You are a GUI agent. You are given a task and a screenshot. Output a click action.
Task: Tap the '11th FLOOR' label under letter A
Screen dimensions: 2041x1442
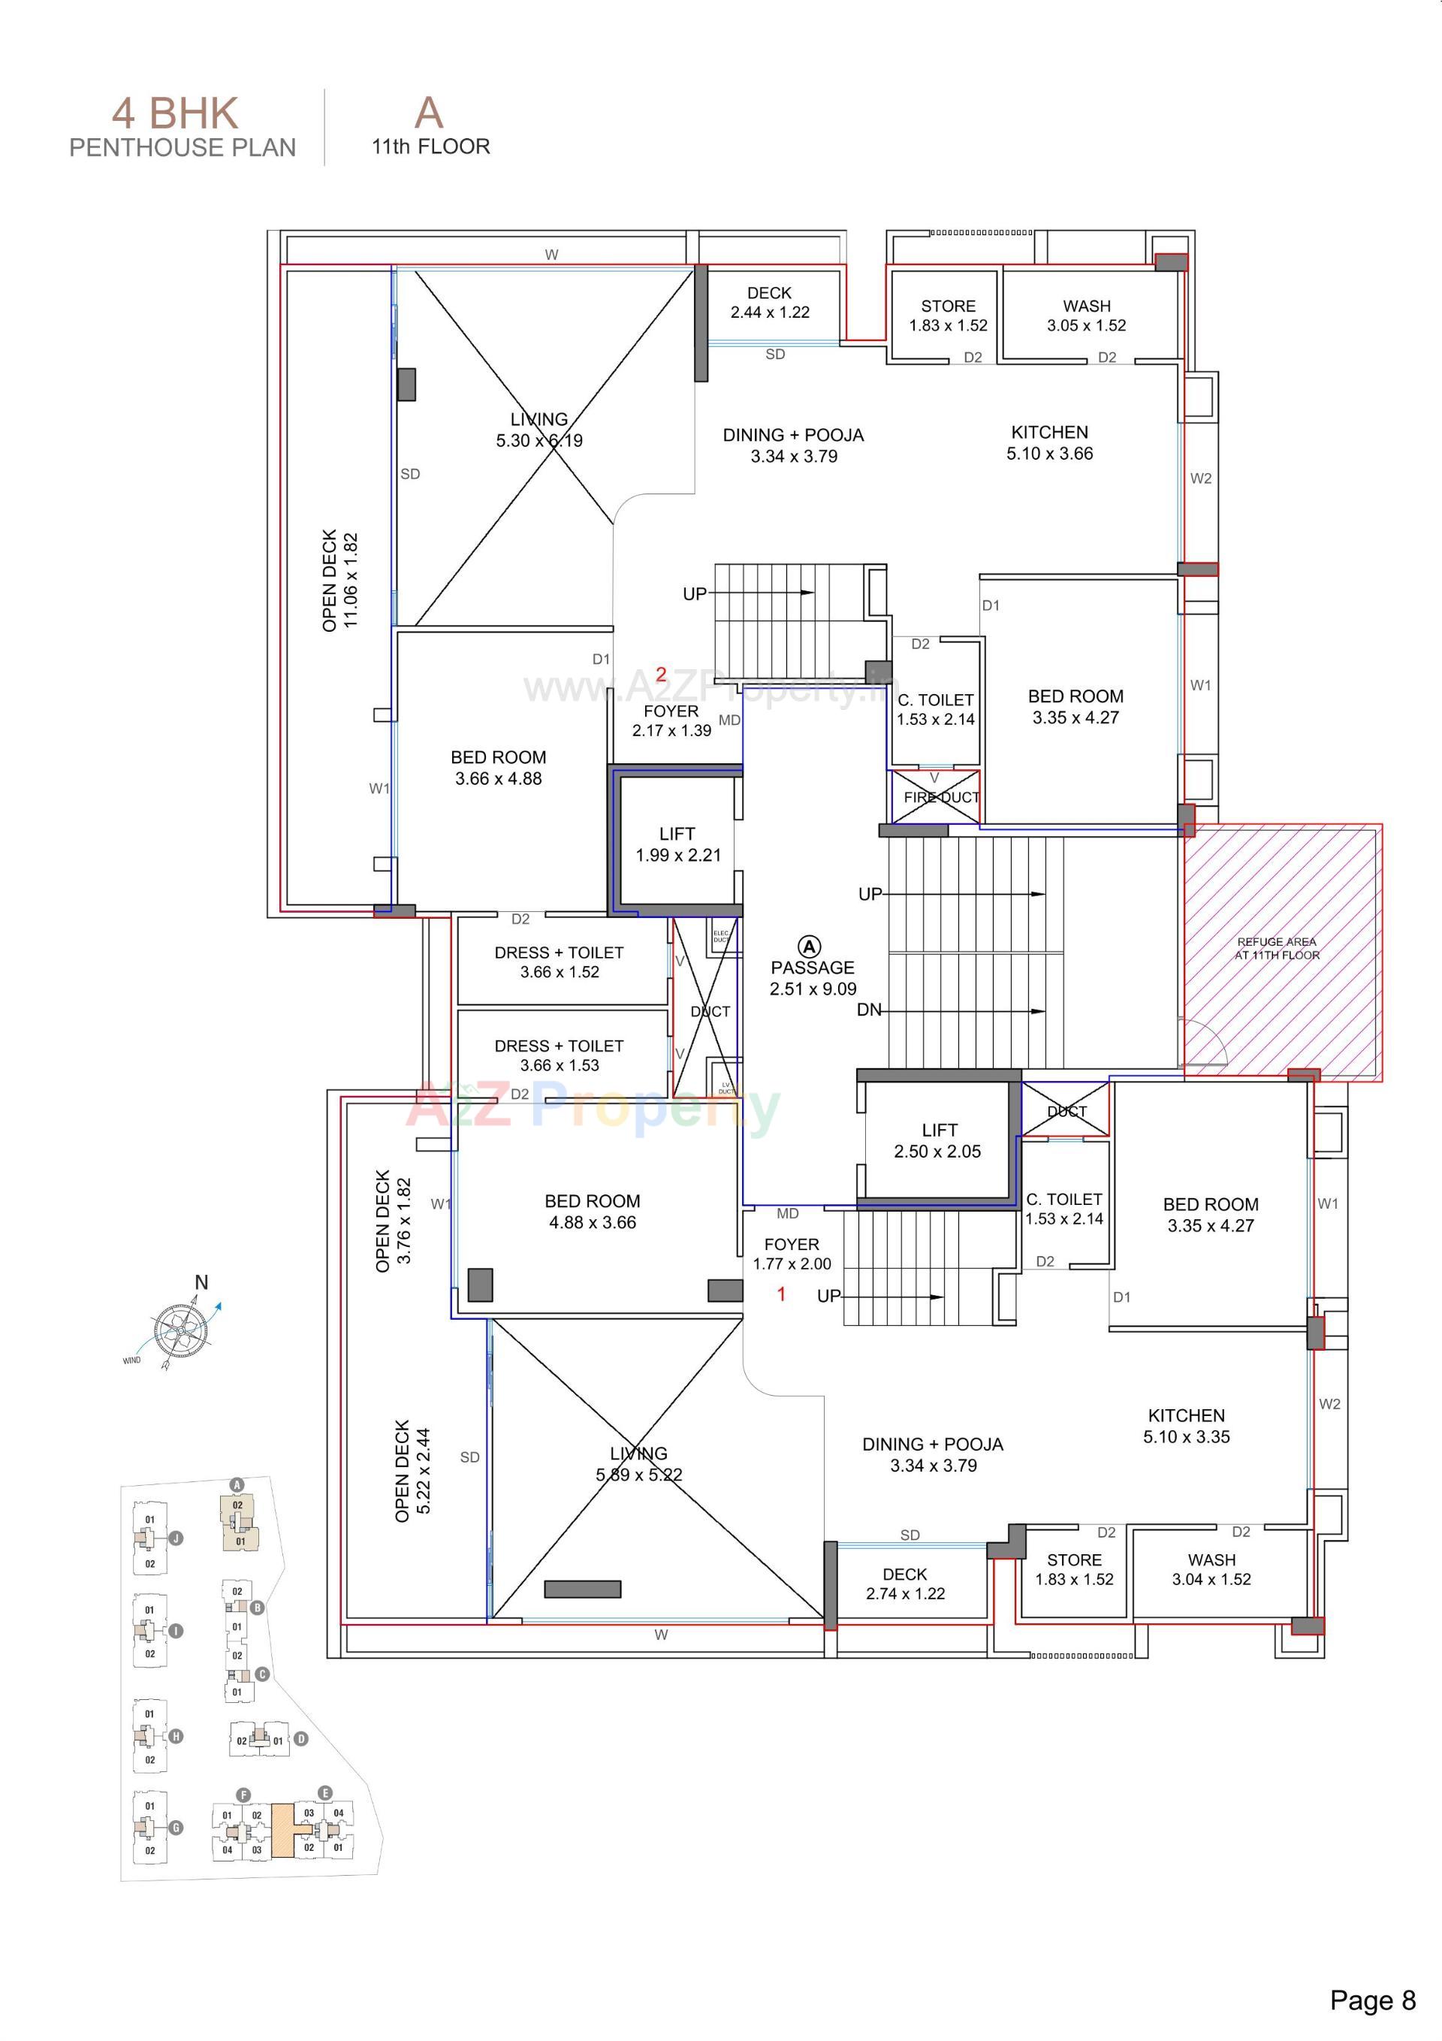430,146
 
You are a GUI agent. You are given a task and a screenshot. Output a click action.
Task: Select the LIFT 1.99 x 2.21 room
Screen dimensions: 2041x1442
677,844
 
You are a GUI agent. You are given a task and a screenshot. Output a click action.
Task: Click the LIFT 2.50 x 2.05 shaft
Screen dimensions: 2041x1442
937,1140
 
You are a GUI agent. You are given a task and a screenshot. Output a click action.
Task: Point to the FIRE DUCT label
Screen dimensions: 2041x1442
940,797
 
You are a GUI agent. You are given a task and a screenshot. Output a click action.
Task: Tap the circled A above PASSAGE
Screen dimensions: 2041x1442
809,946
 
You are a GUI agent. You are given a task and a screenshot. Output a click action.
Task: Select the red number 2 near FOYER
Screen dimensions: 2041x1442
661,675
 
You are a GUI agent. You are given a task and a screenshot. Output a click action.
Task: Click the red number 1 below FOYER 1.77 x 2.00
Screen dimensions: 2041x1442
781,1294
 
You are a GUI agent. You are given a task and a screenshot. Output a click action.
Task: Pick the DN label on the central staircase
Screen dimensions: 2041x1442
868,1010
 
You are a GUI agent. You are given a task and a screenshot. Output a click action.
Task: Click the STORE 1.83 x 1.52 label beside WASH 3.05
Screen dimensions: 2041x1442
948,316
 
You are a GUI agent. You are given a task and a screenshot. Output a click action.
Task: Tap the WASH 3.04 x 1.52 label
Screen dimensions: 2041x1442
1211,1570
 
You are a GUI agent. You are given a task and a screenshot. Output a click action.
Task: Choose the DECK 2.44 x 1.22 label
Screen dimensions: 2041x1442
769,302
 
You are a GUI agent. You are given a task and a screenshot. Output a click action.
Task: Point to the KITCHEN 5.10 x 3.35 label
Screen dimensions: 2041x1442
1186,1426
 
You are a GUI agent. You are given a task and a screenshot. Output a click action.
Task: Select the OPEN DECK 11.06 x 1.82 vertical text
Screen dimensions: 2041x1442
339,581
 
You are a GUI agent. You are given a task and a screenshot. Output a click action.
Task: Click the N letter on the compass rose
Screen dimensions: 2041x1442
202,1283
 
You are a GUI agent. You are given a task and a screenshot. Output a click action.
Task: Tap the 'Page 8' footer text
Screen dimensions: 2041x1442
1371,2000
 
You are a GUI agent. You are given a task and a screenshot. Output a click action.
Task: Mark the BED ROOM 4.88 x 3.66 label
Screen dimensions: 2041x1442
592,1212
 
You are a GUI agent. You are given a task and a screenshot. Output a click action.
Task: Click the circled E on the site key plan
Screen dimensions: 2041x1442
324,1793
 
